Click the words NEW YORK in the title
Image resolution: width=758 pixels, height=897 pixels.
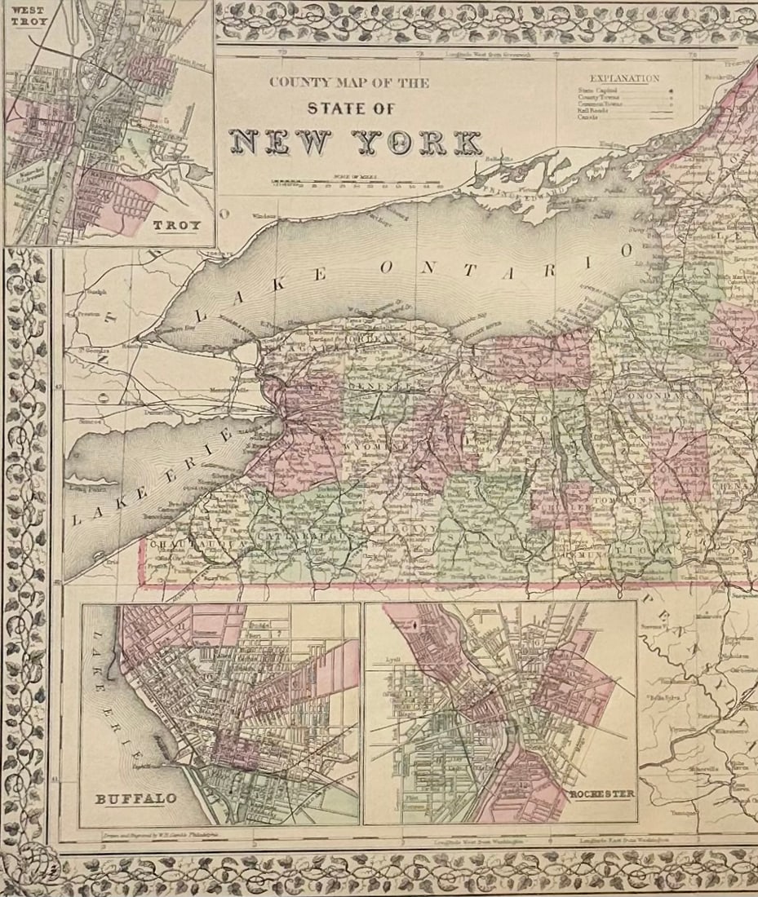click(355, 142)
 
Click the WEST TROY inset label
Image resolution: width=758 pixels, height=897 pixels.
click(24, 15)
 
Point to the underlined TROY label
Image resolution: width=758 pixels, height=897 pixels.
click(176, 226)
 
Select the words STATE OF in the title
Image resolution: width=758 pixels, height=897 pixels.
click(350, 108)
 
